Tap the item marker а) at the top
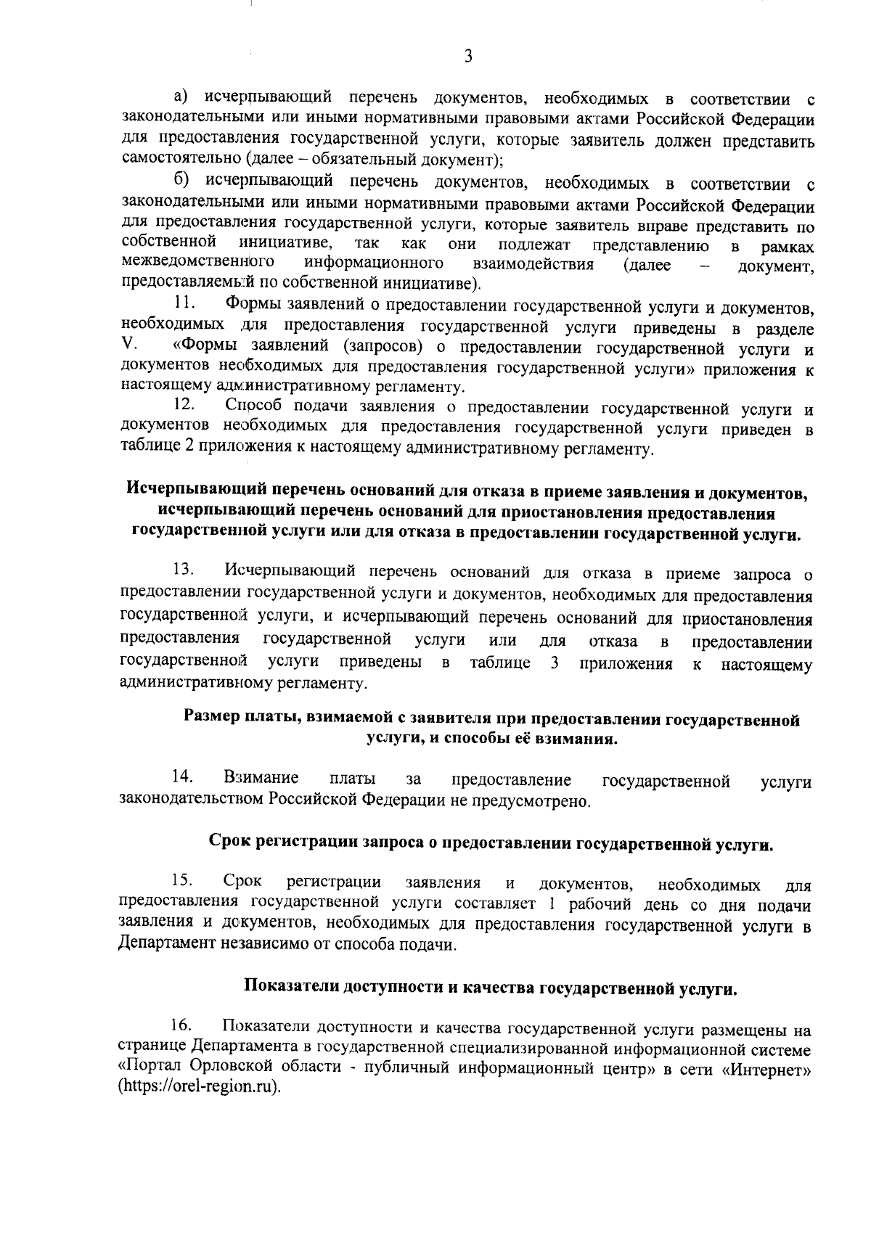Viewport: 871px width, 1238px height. [181, 96]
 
